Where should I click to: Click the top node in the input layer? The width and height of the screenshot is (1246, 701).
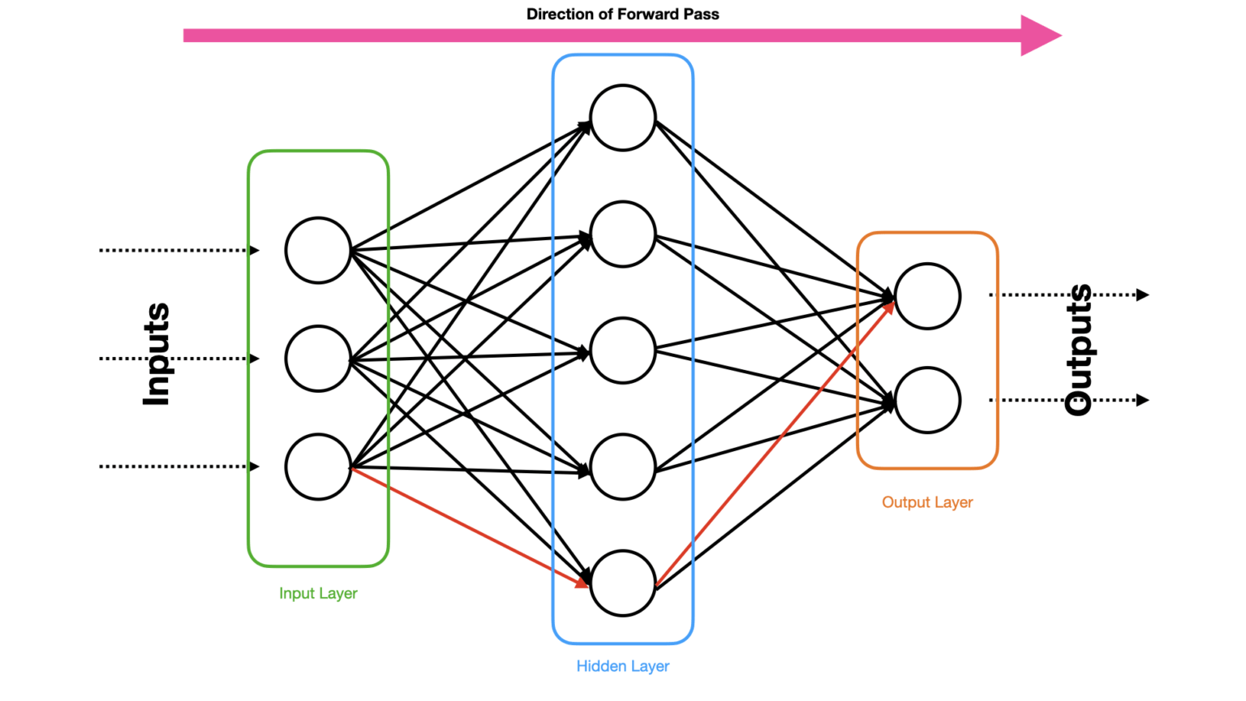pyautogui.click(x=318, y=250)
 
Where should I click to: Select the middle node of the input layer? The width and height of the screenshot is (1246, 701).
pyautogui.click(x=318, y=359)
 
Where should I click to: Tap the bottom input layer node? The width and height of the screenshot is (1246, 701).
pyautogui.click(x=318, y=467)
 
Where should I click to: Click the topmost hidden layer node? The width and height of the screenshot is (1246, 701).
pyautogui.click(x=622, y=118)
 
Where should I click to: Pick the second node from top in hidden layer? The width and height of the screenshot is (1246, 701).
pyautogui.click(x=622, y=234)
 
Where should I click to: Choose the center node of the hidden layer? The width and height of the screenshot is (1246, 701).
pyautogui.click(x=622, y=350)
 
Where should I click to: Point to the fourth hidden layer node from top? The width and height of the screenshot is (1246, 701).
pyautogui.click(x=622, y=467)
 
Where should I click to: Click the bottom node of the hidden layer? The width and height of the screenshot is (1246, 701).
pyautogui.click(x=622, y=583)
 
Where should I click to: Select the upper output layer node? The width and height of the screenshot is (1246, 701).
pyautogui.click(x=927, y=296)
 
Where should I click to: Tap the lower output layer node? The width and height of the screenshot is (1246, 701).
pyautogui.click(x=927, y=400)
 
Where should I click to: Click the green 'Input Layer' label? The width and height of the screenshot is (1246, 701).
pyautogui.click(x=318, y=593)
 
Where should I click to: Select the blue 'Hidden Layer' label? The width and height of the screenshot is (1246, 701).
pyautogui.click(x=622, y=666)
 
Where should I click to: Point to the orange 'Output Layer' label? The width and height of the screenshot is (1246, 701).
pyautogui.click(x=927, y=502)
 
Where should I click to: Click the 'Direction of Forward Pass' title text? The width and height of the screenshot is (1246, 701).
pyautogui.click(x=622, y=14)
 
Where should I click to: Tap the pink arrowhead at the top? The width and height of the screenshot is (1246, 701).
pyautogui.click(x=1041, y=35)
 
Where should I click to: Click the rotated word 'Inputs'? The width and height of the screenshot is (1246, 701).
pyautogui.click(x=156, y=355)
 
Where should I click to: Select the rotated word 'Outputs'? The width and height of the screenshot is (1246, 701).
pyautogui.click(x=1078, y=350)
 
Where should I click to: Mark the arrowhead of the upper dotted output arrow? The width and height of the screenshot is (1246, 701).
pyautogui.click(x=1142, y=295)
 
